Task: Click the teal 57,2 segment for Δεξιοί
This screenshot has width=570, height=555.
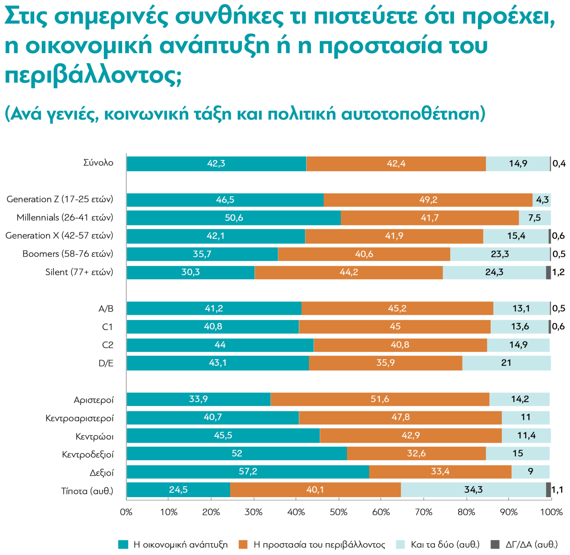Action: (x=248, y=471)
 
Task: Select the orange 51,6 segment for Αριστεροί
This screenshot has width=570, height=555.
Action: (x=380, y=399)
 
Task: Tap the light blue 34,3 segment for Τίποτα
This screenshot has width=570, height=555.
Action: (x=473, y=490)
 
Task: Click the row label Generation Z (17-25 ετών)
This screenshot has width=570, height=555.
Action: (x=60, y=199)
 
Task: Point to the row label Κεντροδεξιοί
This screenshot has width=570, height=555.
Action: (x=88, y=454)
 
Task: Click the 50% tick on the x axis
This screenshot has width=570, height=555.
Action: (x=338, y=512)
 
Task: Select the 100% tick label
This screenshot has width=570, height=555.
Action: (x=551, y=512)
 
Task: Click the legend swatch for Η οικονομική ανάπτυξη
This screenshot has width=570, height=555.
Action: (x=123, y=545)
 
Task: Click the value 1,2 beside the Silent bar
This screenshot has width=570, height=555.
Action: (x=558, y=272)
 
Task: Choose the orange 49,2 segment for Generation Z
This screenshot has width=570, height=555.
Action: (x=428, y=200)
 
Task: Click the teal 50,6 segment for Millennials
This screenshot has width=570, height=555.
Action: (x=233, y=218)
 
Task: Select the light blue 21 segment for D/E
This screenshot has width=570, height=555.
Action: (x=506, y=363)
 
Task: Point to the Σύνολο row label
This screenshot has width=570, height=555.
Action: (x=98, y=163)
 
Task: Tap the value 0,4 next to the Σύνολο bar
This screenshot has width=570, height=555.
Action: (x=559, y=163)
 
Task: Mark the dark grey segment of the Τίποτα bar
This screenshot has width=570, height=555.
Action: (x=548, y=490)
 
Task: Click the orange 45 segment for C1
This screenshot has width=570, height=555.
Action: (x=395, y=326)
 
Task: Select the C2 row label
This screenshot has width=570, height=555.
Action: (x=108, y=345)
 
